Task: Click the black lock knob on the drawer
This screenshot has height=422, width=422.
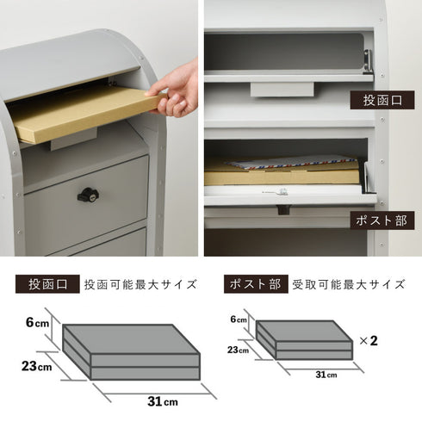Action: coord(88,195)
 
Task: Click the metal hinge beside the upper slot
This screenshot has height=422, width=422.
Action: coord(368,61)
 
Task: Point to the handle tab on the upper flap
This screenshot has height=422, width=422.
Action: coord(282,89)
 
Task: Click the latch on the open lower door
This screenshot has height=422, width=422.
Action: coord(282,208)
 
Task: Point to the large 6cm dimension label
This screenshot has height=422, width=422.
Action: coord(36,323)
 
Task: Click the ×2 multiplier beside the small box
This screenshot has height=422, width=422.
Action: coord(368,340)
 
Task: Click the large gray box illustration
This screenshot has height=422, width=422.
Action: coord(129,351)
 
